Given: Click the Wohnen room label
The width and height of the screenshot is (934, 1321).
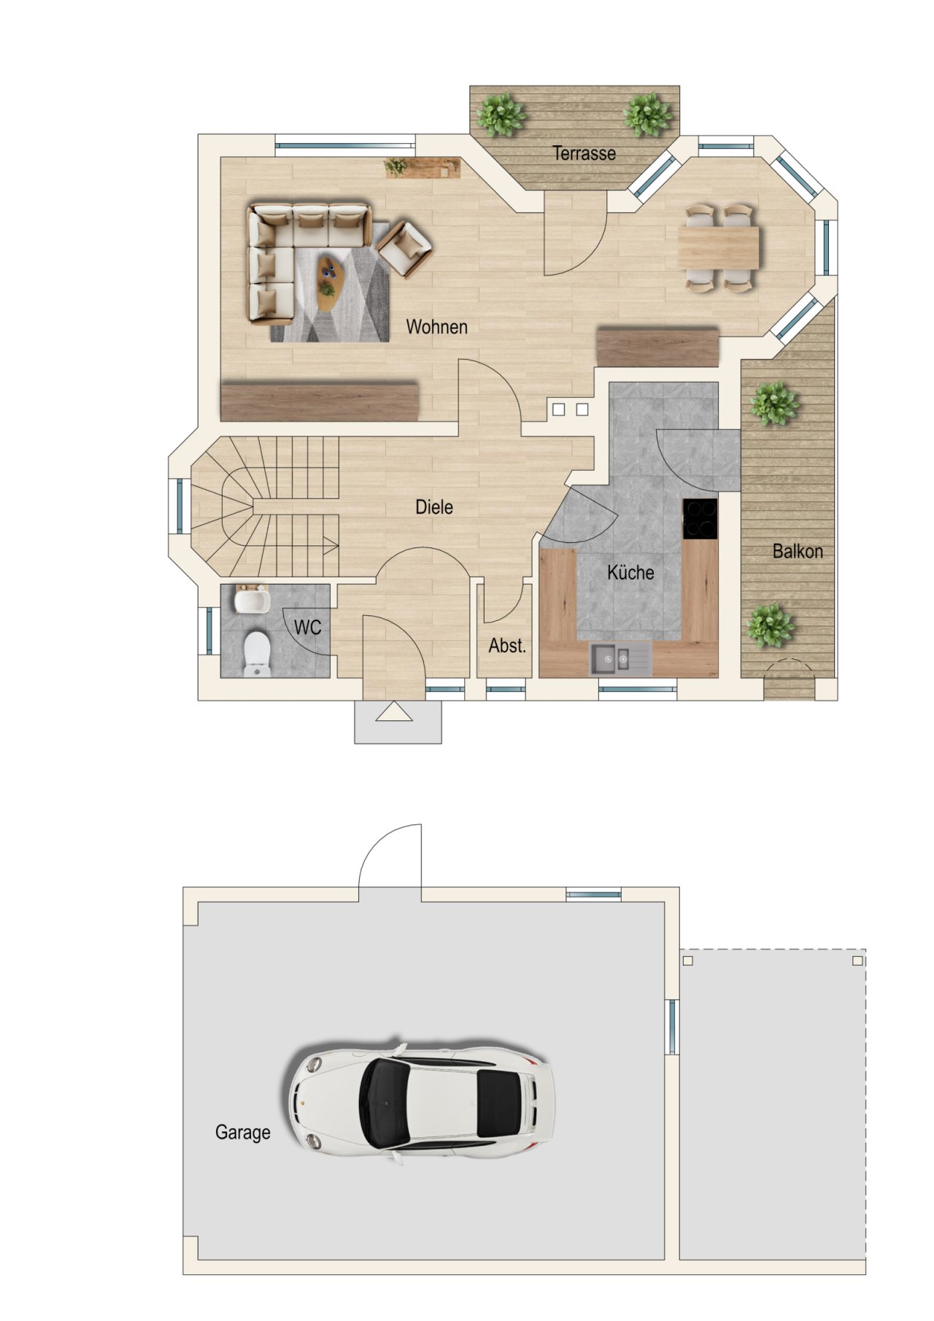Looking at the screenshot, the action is coord(436,327).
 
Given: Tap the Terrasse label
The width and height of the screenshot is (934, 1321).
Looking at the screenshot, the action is coord(584,153).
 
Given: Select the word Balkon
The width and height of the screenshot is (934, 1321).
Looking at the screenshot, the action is coord(798,552).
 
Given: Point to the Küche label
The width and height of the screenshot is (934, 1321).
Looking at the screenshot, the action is coord(630,572).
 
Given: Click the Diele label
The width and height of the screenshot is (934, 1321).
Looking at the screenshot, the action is coord(434,507).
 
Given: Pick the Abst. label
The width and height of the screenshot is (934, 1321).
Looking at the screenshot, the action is coord(507,646).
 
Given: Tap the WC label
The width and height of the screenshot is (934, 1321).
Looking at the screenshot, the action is coord(307,628).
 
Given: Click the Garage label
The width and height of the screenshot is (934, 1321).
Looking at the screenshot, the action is coord(243,1133).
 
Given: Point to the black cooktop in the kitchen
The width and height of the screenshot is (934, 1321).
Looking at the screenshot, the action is coord(700,519).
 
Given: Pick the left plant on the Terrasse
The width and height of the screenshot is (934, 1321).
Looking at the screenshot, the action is coord(501,115).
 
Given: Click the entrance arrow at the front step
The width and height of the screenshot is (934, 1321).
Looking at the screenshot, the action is coord(394,712).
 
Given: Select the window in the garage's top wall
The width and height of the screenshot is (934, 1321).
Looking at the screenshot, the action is coord(594,894).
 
